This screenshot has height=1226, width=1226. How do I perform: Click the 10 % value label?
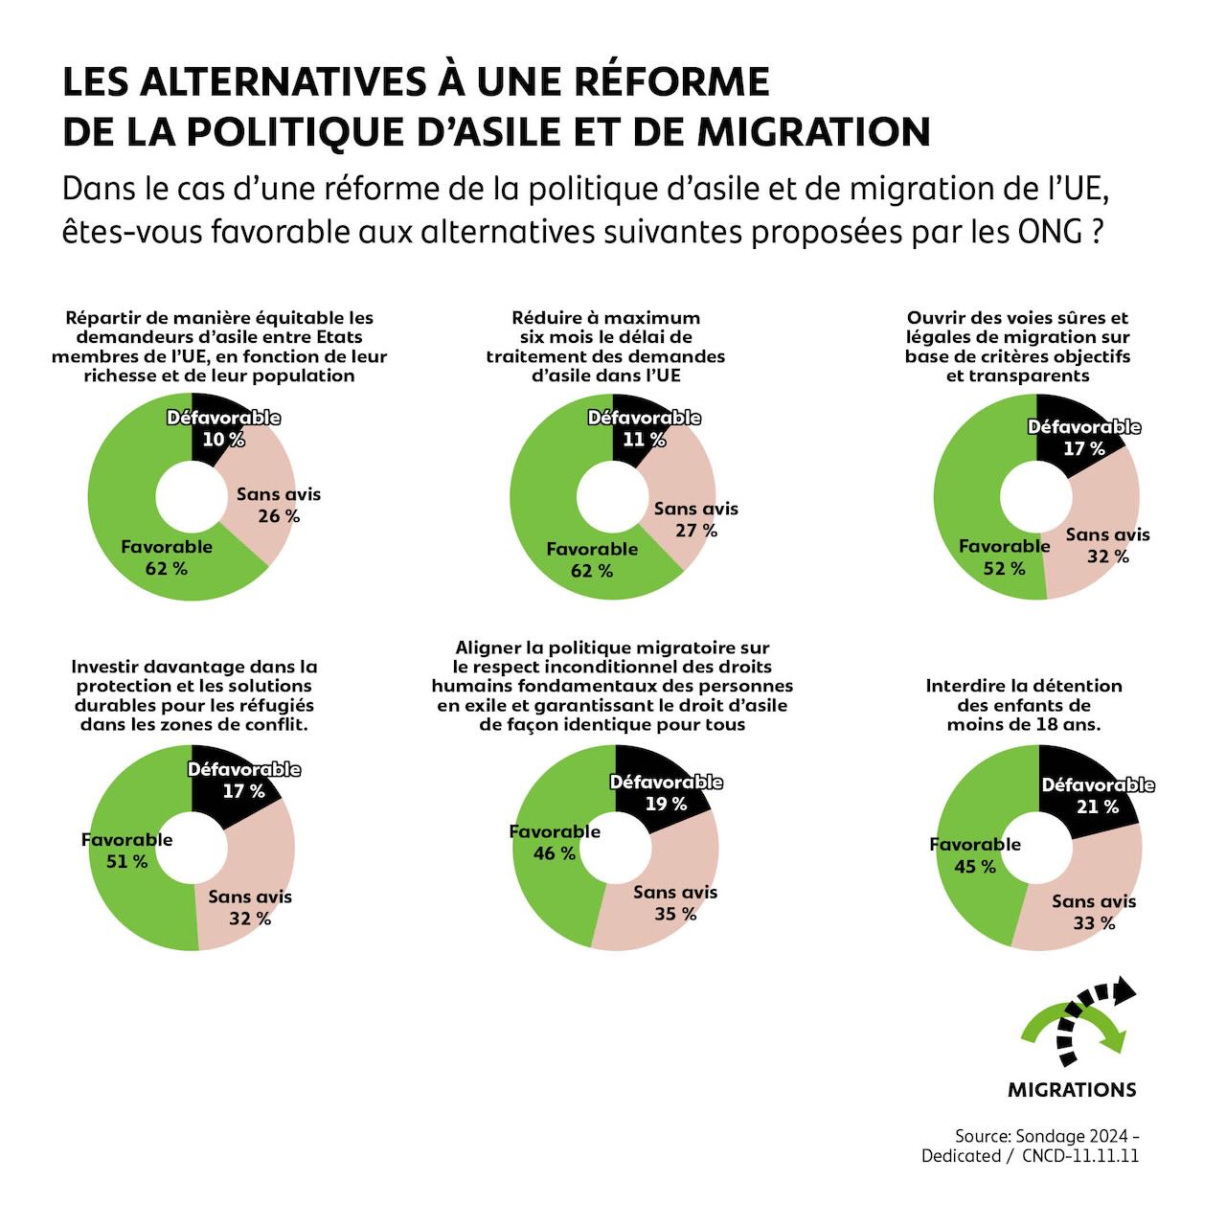point(223,440)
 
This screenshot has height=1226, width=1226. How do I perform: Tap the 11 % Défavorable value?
point(644,440)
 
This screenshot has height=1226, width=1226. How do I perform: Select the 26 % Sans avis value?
point(279,516)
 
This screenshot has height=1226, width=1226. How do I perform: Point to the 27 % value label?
point(696,531)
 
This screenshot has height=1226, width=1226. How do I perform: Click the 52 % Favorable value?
point(1004,569)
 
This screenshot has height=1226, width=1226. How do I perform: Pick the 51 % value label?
point(126,862)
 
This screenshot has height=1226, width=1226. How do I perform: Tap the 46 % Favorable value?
point(555,853)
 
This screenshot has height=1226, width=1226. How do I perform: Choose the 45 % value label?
point(975,867)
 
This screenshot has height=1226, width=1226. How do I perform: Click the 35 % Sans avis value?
point(675,915)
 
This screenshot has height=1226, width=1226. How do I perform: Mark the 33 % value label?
point(1094,924)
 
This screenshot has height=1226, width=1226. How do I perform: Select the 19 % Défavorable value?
point(666,805)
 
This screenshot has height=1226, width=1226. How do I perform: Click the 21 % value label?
point(1098,807)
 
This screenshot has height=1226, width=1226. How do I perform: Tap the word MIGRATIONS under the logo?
point(1072,1090)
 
